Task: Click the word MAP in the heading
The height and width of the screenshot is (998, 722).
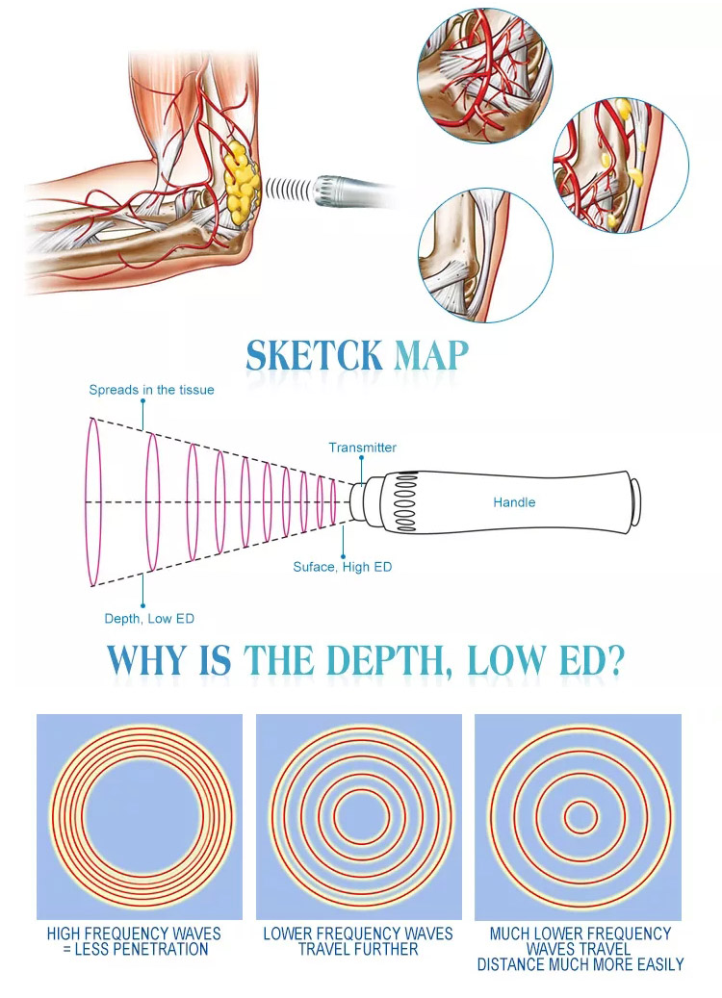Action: click(432, 355)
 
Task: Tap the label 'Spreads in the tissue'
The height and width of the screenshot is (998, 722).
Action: click(151, 390)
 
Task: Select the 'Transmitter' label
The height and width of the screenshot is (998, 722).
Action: click(362, 448)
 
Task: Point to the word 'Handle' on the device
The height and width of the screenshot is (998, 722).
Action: click(514, 502)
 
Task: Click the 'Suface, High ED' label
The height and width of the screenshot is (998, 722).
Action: click(342, 567)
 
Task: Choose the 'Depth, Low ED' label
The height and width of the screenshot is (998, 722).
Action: click(149, 618)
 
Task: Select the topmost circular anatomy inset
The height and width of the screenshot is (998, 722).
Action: click(484, 75)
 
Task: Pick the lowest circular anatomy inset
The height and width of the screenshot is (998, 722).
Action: click(485, 254)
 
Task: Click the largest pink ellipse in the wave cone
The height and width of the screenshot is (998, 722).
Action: click(93, 501)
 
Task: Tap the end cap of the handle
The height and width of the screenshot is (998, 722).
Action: click(634, 502)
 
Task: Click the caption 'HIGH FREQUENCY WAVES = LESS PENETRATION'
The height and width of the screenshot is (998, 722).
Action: click(134, 941)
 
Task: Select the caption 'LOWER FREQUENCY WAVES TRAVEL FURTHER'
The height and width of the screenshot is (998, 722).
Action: click(358, 941)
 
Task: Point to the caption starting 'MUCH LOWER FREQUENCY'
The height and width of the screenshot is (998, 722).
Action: click(580, 948)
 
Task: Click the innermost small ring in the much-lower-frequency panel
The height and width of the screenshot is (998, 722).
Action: click(580, 818)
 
